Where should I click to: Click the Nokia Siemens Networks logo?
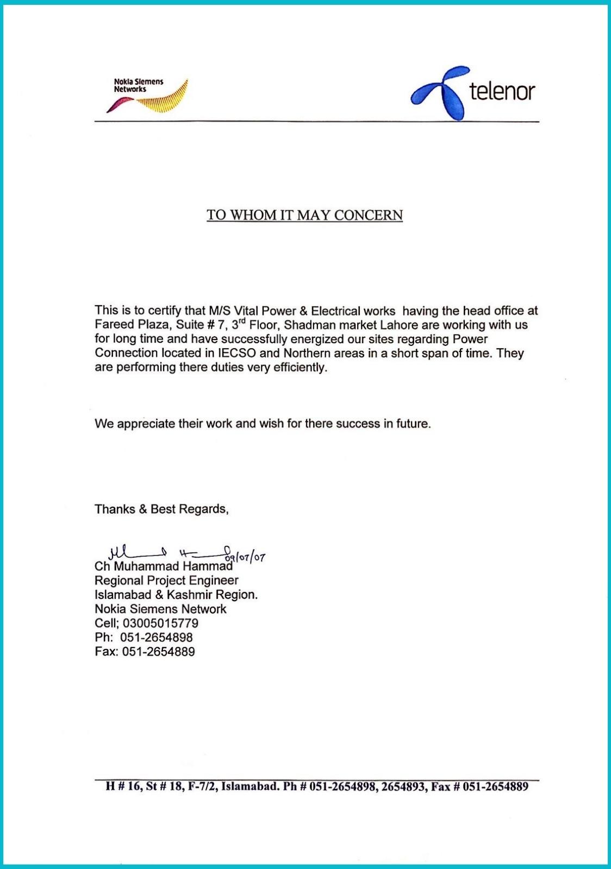[x=147, y=96]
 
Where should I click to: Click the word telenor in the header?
[x=502, y=91]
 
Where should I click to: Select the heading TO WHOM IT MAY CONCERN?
[x=304, y=215]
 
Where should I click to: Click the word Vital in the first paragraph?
[x=247, y=311]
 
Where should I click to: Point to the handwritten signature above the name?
[x=163, y=554]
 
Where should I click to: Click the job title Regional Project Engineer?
[x=166, y=581]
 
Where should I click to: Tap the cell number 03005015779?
[x=160, y=623]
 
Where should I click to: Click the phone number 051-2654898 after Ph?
[x=156, y=637]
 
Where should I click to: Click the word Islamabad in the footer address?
[x=250, y=786]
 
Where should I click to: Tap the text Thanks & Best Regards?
[x=161, y=509]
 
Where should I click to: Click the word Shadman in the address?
[x=308, y=325]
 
